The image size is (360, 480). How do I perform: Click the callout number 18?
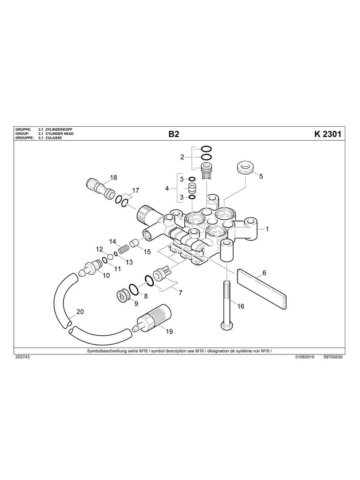[114, 178]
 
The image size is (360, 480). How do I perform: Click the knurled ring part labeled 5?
[245, 168]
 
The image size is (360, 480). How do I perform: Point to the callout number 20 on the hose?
[80, 312]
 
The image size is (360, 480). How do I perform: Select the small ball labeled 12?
[109, 256]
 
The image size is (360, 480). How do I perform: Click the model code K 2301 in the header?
[327, 134]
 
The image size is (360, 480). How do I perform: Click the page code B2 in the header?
[174, 134]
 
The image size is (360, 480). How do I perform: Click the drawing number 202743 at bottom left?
[22, 357]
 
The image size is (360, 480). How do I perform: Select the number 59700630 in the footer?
[333, 357]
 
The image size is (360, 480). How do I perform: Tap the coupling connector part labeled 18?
[101, 188]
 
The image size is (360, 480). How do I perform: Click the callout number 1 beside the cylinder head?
[267, 229]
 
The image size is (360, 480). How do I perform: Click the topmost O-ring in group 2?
[206, 149]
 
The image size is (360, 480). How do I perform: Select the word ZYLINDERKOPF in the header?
[59, 130]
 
